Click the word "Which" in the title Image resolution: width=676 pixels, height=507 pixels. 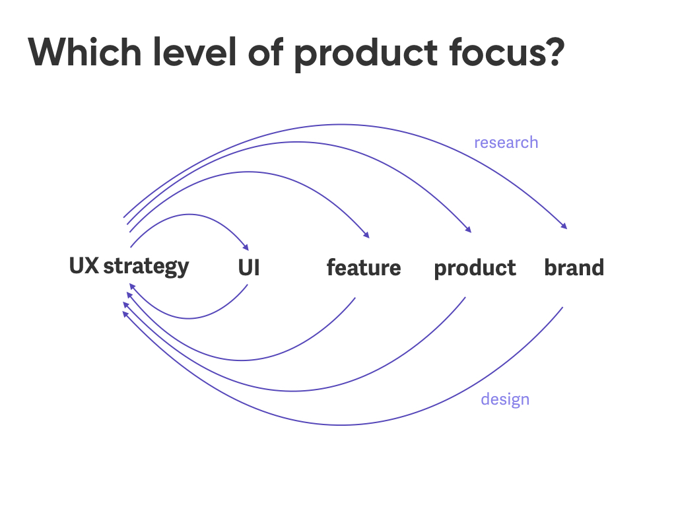(x=85, y=51)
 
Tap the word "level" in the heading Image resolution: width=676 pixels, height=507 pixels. (x=195, y=51)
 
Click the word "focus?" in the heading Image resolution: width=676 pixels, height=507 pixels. (x=506, y=51)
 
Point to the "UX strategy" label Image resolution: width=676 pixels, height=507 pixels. (x=129, y=267)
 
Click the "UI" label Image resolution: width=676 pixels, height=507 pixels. (x=249, y=268)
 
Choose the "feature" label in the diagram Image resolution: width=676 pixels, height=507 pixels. (x=364, y=267)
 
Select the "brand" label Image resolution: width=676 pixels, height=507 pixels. (x=574, y=267)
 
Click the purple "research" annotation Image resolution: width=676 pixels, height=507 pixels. (x=506, y=143)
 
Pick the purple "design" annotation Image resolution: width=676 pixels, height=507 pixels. (x=505, y=399)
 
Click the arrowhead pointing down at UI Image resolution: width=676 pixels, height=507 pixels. (x=246, y=248)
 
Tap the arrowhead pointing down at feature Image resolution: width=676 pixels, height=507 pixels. (x=366, y=235)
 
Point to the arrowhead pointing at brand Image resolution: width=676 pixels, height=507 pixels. (x=564, y=226)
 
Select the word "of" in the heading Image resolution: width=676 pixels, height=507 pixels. (x=265, y=51)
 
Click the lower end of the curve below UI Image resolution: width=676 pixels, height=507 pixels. (x=248, y=285)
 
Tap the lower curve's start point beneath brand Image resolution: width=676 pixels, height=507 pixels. (x=562, y=308)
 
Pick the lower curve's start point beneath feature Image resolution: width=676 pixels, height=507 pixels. (x=355, y=298)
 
